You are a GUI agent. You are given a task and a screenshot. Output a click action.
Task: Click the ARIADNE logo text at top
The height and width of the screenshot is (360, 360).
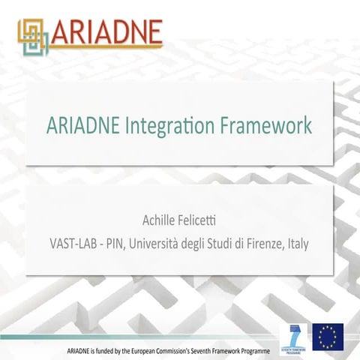[109, 31]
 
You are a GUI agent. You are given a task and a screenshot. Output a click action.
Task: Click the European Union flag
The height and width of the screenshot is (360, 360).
[328, 336]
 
